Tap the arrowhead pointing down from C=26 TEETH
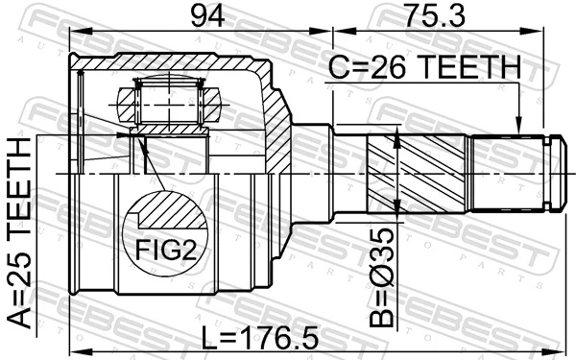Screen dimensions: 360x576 coord(518,125)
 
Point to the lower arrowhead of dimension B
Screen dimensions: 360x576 coord(397,209)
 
